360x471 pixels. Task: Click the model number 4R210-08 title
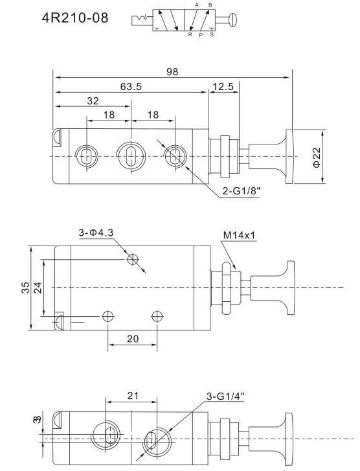[75, 17]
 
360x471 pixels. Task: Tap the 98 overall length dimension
[172, 72]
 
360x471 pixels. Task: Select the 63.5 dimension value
[131, 87]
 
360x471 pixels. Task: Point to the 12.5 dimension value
[223, 87]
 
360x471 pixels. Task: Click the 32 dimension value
[93, 101]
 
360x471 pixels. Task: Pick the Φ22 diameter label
[317, 157]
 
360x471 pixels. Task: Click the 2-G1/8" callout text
[241, 190]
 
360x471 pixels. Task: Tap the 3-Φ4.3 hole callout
[96, 233]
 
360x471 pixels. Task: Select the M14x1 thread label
[239, 235]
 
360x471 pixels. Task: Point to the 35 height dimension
[26, 288]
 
